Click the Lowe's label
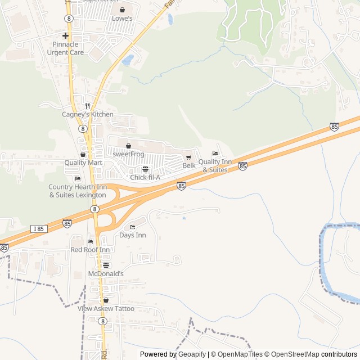(x=122, y=19)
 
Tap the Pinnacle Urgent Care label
(x=68, y=48)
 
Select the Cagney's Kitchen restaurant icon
(x=87, y=106)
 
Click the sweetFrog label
(x=128, y=154)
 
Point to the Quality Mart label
(x=83, y=163)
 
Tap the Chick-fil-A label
(x=145, y=177)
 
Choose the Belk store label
(x=188, y=165)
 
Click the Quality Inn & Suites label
(x=215, y=165)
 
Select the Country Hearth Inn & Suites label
(x=77, y=191)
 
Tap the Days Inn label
(x=133, y=235)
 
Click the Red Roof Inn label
(x=90, y=249)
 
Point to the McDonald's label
(x=106, y=273)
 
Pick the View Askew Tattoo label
(x=106, y=308)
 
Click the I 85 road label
(x=38, y=228)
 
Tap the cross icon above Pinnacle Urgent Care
(x=66, y=35)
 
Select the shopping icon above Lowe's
(x=122, y=10)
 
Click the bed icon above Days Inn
(x=133, y=227)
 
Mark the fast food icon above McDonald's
(x=106, y=265)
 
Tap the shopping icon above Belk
(x=188, y=157)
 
